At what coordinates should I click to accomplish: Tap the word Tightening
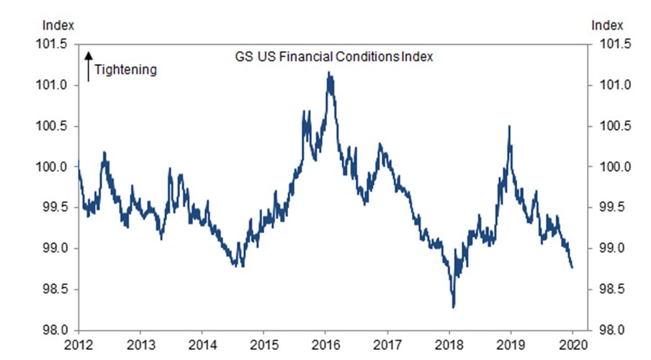125,70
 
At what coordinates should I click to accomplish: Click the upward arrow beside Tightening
89,65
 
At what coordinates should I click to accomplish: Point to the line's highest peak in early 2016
329,73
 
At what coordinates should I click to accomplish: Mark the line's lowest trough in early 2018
453,307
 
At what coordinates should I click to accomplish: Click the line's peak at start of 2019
510,127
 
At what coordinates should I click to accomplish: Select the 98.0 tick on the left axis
55,330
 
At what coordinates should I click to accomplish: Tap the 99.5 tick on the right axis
609,208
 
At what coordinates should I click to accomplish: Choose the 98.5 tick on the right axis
609,289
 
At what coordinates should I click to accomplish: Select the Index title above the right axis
606,24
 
